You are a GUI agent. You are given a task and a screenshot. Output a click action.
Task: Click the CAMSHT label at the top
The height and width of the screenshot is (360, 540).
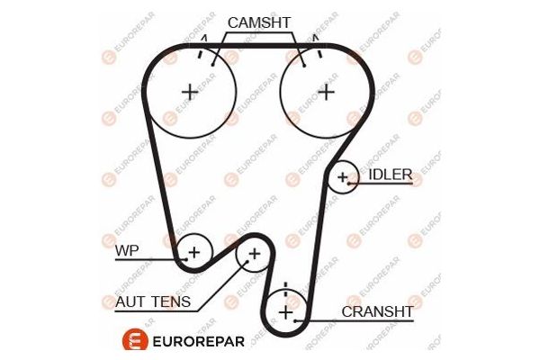pyautogui.click(x=260, y=22)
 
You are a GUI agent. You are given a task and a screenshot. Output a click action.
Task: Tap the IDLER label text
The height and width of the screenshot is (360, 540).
pyautogui.click(x=390, y=174)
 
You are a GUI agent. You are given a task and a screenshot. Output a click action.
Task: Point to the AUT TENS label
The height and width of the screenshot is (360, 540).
pyautogui.click(x=153, y=301)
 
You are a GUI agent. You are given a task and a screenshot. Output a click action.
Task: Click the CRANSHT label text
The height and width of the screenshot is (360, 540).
pyautogui.click(x=377, y=311)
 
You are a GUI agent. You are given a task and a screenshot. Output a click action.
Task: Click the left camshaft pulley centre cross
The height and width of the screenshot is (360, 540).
pyautogui.click(x=190, y=91)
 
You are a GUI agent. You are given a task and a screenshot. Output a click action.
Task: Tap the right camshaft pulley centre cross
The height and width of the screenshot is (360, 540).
pyautogui.click(x=325, y=91)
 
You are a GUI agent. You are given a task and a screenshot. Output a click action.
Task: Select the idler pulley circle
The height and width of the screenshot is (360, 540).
pyautogui.click(x=342, y=177)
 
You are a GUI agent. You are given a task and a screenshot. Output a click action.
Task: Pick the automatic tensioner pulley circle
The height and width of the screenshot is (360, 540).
pyautogui.click(x=253, y=256)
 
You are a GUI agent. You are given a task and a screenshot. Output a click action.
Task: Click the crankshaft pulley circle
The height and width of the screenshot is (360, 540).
pyautogui.click(x=285, y=312)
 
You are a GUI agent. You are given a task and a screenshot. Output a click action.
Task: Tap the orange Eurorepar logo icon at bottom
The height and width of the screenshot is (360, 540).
pyautogui.click(x=132, y=341)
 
